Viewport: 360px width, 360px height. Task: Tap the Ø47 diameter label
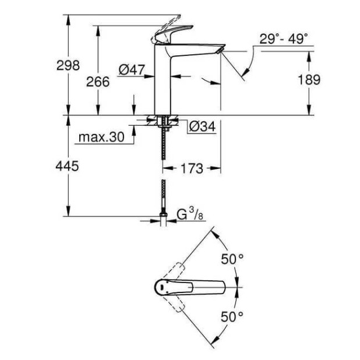coord(131,70)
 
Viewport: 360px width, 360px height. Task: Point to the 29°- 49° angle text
coord(284,39)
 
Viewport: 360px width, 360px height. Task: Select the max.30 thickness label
coord(100,138)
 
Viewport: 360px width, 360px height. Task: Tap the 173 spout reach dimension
coord(192,169)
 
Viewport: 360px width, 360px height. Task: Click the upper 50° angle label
coord(232,260)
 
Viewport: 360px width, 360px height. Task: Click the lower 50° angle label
coord(232,316)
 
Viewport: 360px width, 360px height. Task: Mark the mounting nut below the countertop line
coord(163,123)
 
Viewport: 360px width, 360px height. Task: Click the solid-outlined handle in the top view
coord(192,287)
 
